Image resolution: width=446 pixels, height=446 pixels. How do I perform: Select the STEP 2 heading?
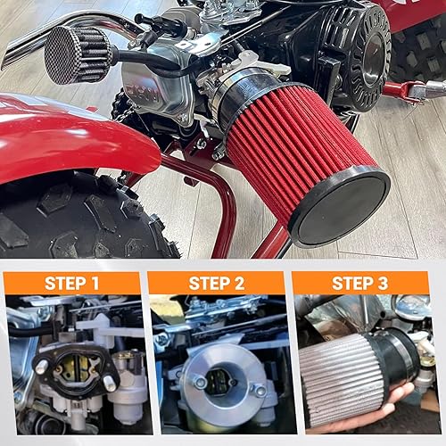[216, 284]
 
